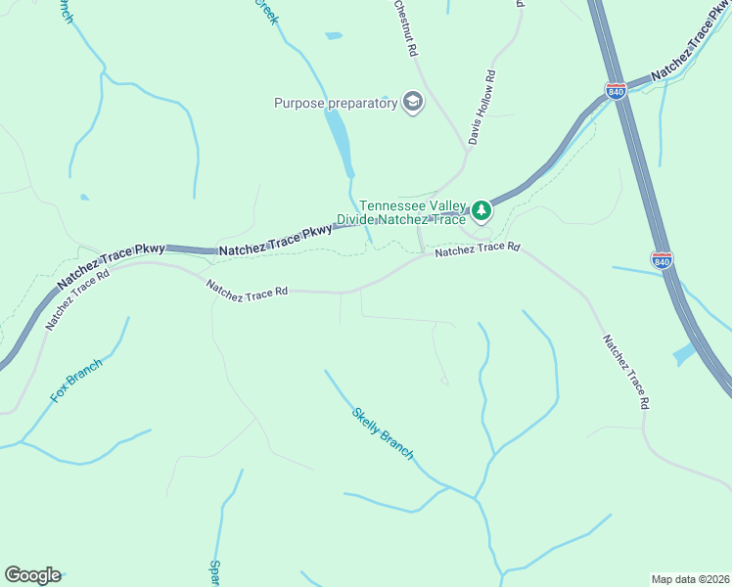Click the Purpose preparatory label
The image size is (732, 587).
[335, 103]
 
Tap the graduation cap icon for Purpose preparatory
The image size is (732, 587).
[413, 103]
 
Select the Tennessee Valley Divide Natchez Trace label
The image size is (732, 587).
[412, 212]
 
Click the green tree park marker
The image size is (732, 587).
[480, 209]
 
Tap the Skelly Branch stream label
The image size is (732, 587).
[383, 433]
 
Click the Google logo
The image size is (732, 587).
[32, 575]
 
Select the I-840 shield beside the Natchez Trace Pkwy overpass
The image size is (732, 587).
[616, 91]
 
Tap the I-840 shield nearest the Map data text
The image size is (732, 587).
[662, 260]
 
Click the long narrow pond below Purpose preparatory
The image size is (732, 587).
[340, 139]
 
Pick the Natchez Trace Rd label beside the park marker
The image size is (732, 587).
[477, 248]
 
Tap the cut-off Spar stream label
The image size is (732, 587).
[214, 572]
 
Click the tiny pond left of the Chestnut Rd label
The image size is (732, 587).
[334, 36]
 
